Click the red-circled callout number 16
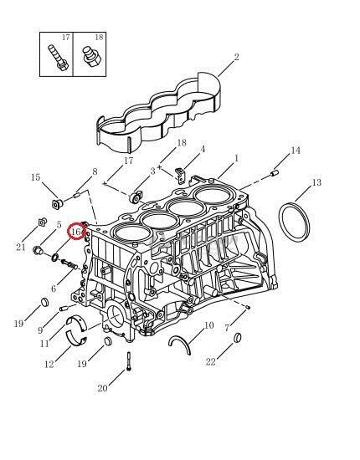click(x=75, y=232)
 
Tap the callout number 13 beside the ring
click(x=316, y=182)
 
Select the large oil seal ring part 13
click(x=294, y=222)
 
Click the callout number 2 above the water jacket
click(x=236, y=57)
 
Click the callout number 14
click(x=296, y=151)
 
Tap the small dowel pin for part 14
click(x=275, y=173)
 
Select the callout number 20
click(x=102, y=388)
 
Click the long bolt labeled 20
click(x=129, y=361)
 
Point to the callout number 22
click(x=210, y=361)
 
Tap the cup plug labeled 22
click(x=238, y=338)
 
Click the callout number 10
click(x=208, y=325)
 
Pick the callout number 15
click(x=35, y=177)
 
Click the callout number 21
click(x=21, y=247)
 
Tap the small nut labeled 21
click(x=43, y=222)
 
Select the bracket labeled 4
click(x=180, y=173)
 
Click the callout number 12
click(x=49, y=364)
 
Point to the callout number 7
click(x=227, y=328)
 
